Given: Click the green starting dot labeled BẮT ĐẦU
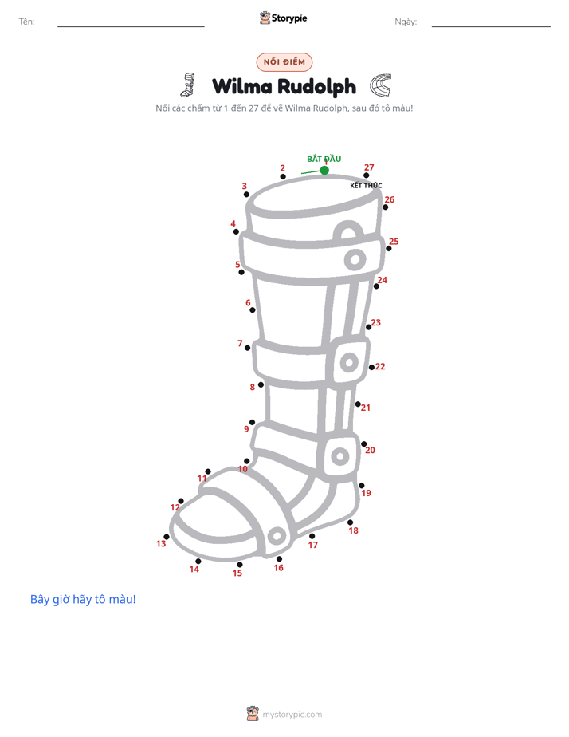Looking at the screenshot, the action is (324, 170).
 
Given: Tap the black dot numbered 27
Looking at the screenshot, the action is (367, 175).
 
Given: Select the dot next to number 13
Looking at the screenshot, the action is (167, 537).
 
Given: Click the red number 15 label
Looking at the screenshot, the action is (237, 573).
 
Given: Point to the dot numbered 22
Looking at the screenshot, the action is (371, 367).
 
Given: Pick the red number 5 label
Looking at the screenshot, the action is (237, 264).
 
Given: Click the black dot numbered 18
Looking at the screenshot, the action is (350, 522).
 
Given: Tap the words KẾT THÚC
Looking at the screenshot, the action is (366, 185).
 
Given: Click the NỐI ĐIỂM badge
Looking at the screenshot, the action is (284, 62).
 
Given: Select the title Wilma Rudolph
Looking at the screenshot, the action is (284, 86).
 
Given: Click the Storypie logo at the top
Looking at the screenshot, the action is (284, 18).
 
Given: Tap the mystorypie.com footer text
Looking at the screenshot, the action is (292, 715).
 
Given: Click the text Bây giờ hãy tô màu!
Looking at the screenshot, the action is (83, 599).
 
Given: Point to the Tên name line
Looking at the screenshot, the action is (131, 26).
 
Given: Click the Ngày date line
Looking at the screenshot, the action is (491, 26).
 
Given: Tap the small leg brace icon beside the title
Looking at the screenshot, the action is (188, 85).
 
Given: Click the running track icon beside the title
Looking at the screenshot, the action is (380, 85).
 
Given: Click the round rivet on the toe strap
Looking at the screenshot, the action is (277, 536).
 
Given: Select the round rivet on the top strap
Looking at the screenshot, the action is (355, 259).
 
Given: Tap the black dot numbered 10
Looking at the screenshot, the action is (247, 461).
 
